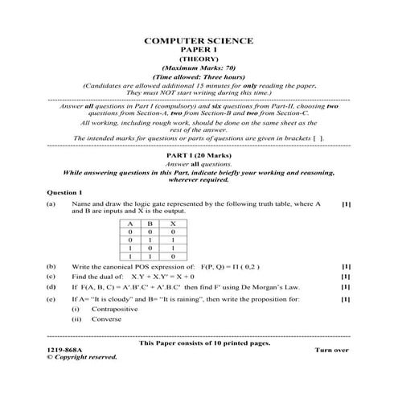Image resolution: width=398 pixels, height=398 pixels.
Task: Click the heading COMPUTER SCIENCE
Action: point(198,39)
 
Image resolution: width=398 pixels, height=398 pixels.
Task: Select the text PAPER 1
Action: point(198,49)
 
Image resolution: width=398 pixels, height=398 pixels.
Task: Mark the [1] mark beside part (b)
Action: point(346,266)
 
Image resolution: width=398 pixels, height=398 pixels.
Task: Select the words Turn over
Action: point(331,351)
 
